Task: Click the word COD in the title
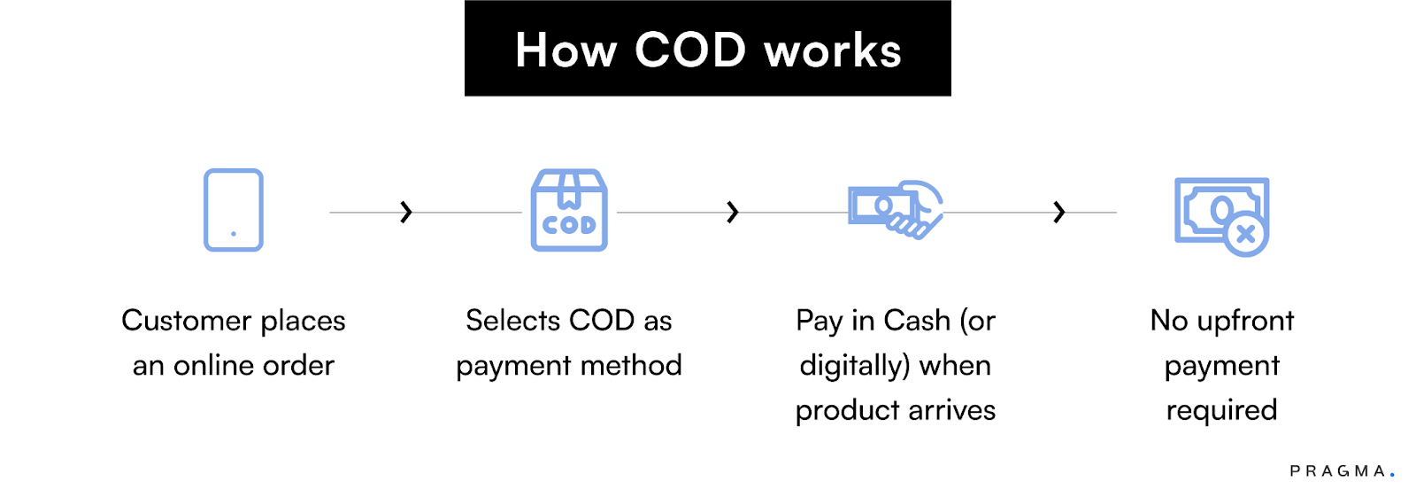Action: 690,50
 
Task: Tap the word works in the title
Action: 833,51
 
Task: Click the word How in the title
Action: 566,50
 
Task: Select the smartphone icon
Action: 234,210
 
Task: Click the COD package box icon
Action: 569,211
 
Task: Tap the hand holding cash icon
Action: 896,209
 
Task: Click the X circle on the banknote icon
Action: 1246,235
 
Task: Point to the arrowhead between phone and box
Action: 406,212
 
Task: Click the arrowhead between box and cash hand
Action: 732,212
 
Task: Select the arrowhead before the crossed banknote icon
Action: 1058,212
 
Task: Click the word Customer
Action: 187,321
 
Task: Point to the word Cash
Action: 917,321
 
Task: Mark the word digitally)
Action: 855,366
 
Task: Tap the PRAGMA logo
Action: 1341,471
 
